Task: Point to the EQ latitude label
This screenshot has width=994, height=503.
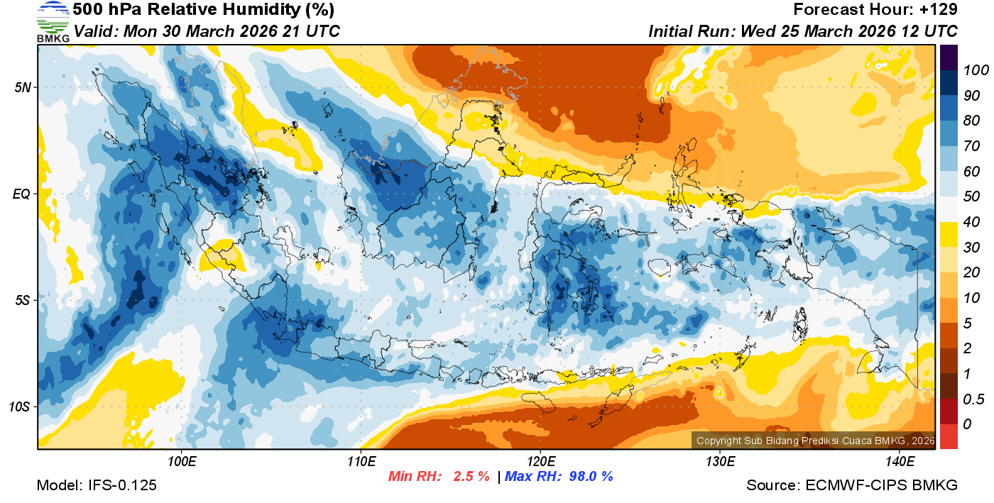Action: point(23,194)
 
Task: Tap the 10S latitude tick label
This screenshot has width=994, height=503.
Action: point(21,407)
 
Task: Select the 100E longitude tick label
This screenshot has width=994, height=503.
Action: point(181,462)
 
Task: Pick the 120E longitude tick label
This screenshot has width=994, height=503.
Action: point(540,462)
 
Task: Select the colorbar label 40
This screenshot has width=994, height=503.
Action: point(972,222)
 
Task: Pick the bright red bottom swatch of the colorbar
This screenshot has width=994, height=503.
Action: point(949,436)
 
